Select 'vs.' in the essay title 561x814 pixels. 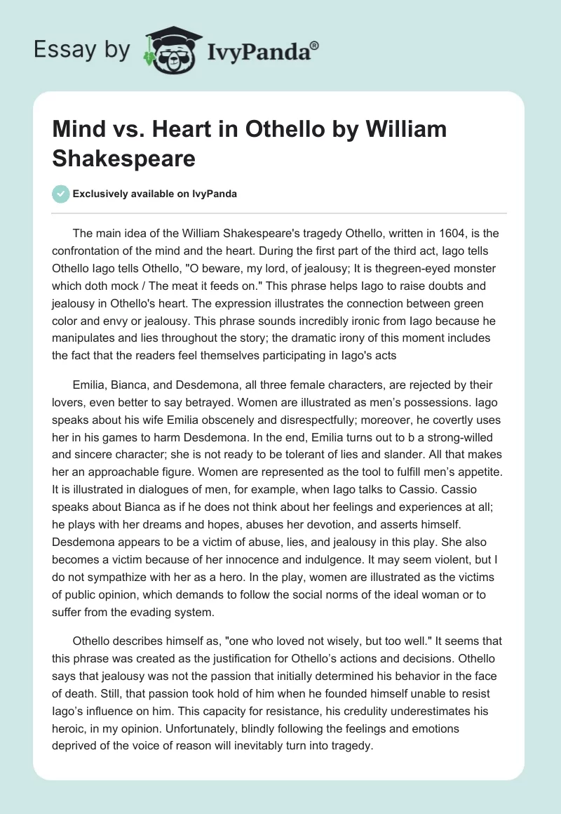click(x=131, y=130)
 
